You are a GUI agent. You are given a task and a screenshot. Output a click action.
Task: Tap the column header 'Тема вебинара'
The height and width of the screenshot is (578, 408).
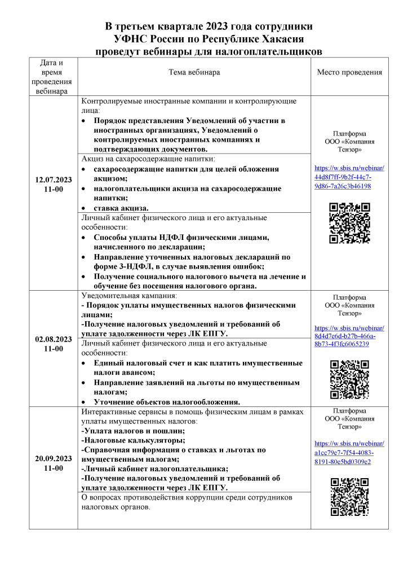[194, 72]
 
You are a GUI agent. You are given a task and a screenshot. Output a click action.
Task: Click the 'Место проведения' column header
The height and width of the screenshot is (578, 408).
[349, 72]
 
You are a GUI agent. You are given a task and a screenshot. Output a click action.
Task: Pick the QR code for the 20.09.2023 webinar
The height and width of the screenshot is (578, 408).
[349, 497]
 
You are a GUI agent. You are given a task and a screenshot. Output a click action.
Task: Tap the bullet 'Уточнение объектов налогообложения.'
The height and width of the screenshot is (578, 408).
[167, 402]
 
